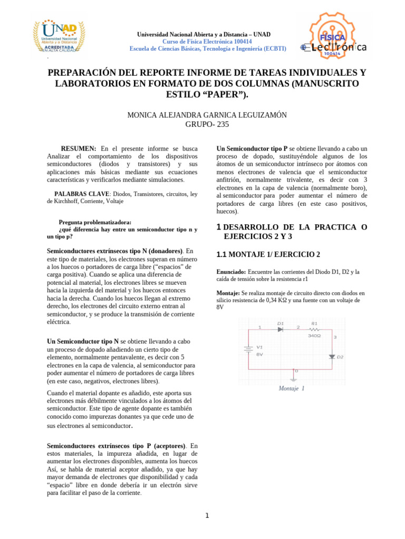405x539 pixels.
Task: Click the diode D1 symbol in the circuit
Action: [x=281, y=329]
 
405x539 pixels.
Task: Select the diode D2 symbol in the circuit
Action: [x=332, y=356]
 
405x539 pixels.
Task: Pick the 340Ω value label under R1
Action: [x=314, y=335]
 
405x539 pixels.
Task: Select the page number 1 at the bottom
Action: [x=207, y=515]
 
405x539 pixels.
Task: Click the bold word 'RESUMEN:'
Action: [x=78, y=149]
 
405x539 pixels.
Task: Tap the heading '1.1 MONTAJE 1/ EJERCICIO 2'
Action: [x=268, y=255]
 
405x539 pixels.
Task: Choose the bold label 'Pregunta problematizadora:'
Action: [x=95, y=222]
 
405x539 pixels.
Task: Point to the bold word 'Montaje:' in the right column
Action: [x=228, y=293]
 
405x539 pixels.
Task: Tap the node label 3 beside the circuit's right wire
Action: [x=335, y=337]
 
